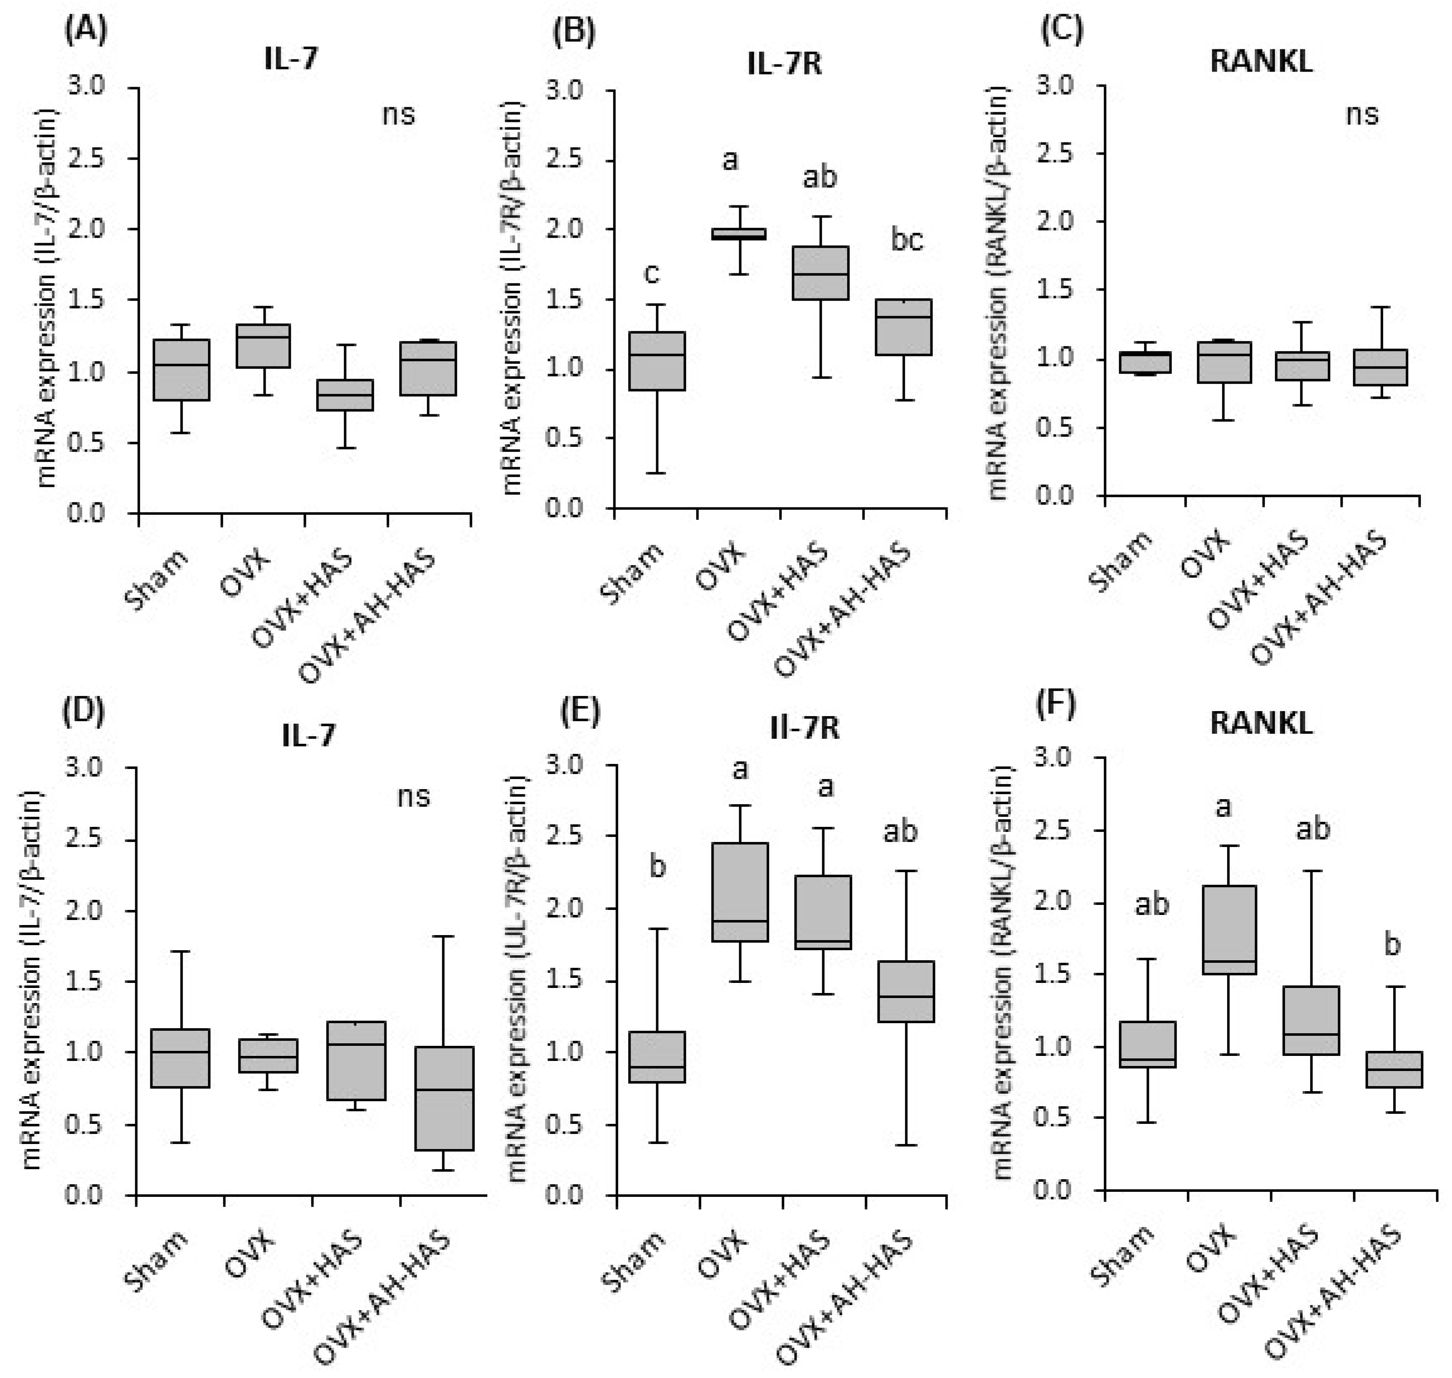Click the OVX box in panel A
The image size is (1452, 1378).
pos(263,346)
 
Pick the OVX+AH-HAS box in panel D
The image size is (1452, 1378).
pos(443,1098)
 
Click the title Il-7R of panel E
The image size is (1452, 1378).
pos(804,727)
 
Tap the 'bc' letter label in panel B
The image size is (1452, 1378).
pos(907,240)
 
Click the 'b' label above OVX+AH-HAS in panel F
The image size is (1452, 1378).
pos(1392,945)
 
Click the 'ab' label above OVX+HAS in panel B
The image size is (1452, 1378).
pos(820,177)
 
